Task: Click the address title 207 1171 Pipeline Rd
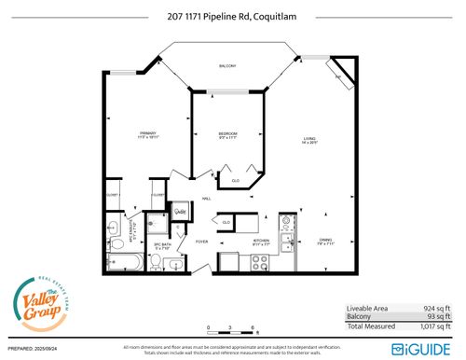(232, 15)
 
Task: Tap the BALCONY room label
(227, 66)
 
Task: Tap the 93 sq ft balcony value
(433, 317)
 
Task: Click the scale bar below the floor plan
(232, 330)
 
